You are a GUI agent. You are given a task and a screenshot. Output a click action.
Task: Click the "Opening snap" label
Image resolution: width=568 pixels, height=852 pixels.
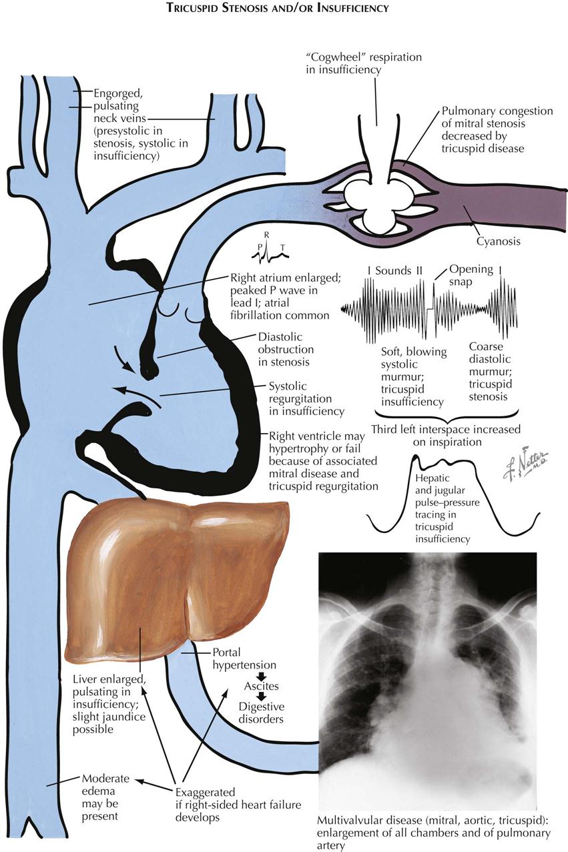(471, 276)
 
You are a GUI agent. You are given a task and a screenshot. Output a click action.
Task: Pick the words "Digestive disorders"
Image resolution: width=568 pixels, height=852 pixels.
(262, 713)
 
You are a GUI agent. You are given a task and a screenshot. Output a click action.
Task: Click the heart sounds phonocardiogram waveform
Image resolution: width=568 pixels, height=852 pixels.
(427, 309)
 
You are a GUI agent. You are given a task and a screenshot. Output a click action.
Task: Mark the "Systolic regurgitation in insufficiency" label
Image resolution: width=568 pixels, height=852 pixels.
(306, 399)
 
